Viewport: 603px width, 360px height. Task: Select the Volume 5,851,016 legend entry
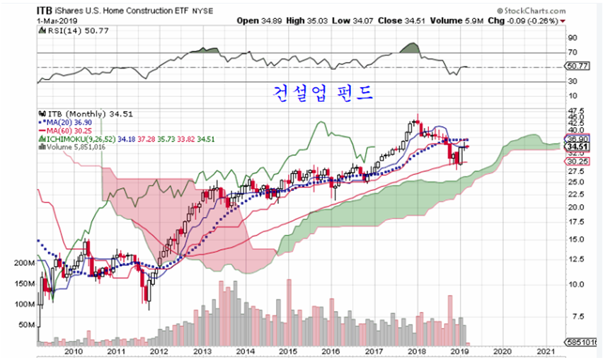(x=76, y=147)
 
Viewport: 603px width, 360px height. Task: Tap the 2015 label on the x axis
(x=287, y=352)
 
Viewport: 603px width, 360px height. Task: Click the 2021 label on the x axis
(x=546, y=352)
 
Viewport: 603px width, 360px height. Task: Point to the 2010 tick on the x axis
(x=74, y=352)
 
